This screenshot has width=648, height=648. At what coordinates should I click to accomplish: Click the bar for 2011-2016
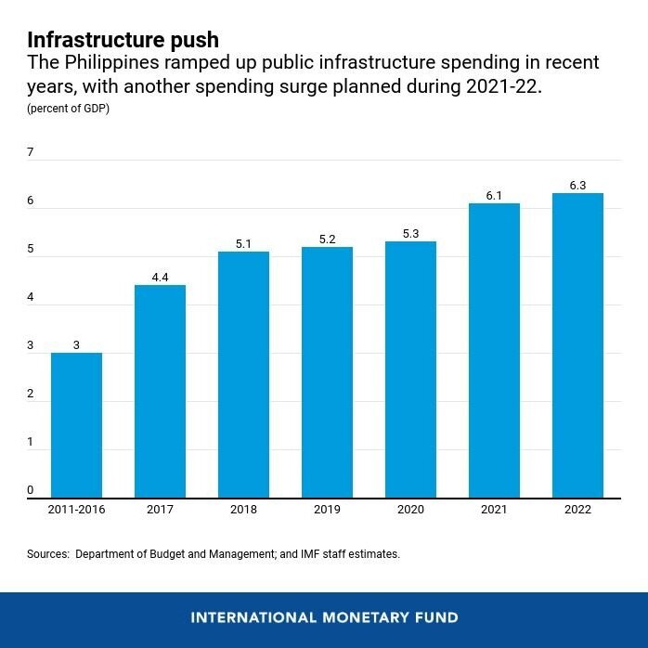[76, 425]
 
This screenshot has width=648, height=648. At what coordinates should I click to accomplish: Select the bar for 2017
[160, 391]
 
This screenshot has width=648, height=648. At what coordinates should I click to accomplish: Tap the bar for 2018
[243, 374]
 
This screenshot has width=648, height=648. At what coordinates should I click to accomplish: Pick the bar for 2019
[327, 371]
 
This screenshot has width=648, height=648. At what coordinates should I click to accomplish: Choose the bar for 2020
[410, 369]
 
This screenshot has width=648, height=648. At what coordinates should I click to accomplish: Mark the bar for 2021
[494, 350]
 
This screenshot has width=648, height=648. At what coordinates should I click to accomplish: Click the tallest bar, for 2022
[577, 345]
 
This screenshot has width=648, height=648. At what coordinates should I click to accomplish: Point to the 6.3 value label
[577, 186]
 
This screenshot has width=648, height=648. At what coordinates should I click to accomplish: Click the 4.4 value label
[160, 278]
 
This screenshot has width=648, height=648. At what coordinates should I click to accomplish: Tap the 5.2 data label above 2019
[327, 240]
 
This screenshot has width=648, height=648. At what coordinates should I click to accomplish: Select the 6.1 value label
[494, 196]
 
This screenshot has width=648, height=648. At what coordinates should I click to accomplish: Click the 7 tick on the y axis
[31, 152]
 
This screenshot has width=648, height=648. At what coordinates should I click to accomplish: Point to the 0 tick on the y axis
[31, 490]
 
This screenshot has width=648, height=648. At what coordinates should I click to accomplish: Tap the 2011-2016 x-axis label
[76, 509]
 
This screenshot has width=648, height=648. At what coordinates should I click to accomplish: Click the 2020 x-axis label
[410, 509]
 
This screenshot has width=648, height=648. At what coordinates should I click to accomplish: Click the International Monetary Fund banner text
[324, 617]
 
